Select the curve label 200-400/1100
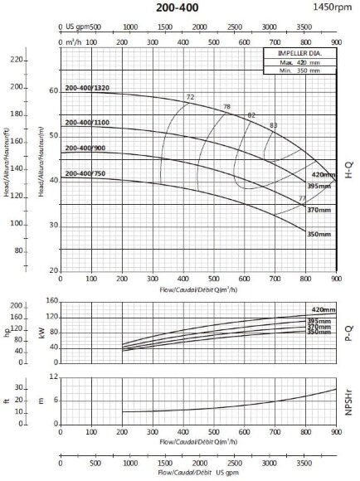(x=85, y=123)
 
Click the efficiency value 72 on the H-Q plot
(x=190, y=98)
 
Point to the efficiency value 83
(x=274, y=125)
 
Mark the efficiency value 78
(x=227, y=108)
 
